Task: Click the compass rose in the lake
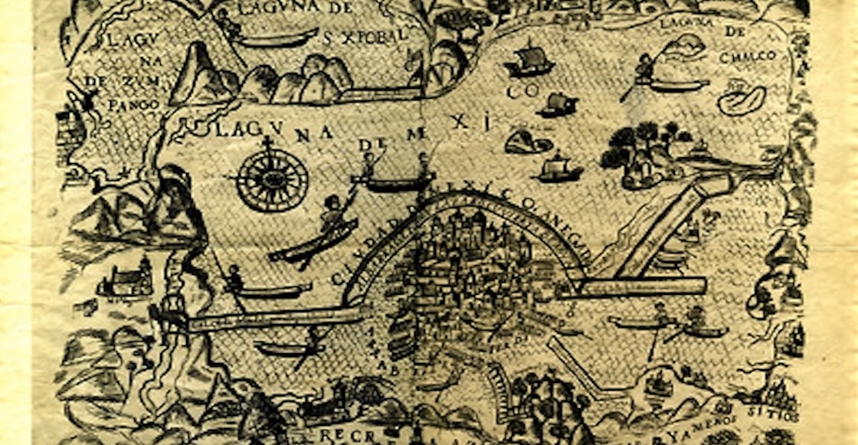tap(272, 181)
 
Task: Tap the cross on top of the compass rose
tap(268, 143)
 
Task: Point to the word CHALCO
tap(747, 56)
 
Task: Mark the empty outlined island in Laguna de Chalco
tap(742, 100)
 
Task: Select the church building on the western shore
tap(126, 280)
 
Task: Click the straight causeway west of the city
tap(276, 317)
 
